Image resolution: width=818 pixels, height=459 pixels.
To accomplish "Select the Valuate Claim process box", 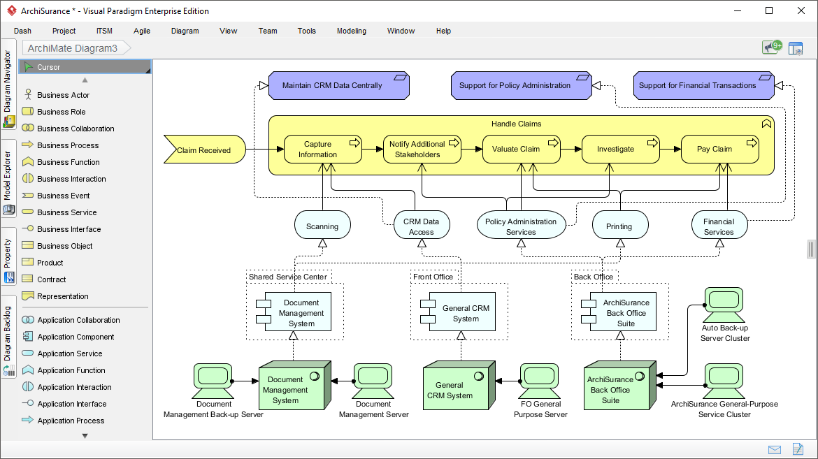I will pyautogui.click(x=521, y=149).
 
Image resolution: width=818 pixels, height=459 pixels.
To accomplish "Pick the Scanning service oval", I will pyautogui.click(x=322, y=226).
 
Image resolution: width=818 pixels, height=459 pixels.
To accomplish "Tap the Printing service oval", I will pyautogui.click(x=619, y=226).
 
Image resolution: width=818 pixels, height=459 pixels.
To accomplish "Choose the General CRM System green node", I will pyautogui.click(x=455, y=390).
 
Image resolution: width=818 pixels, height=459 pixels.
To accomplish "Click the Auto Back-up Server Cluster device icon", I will pyautogui.click(x=724, y=300).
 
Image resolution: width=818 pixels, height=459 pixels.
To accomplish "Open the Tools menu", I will pyautogui.click(x=306, y=31).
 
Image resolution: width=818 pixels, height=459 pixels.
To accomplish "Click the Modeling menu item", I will pyautogui.click(x=351, y=31).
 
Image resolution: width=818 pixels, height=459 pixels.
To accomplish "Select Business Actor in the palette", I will pyautogui.click(x=63, y=95).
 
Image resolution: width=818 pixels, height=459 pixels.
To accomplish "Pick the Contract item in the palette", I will pyautogui.click(x=51, y=279).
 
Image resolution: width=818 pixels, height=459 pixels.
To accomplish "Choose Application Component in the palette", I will pyautogui.click(x=76, y=337).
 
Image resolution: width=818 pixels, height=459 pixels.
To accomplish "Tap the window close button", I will pyautogui.click(x=801, y=10).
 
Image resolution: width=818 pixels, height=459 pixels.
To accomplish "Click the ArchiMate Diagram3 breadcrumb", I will pyautogui.click(x=73, y=48).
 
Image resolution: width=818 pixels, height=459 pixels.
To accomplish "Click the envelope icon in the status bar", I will pyautogui.click(x=775, y=449).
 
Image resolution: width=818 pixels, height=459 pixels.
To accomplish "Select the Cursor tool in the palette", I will pyautogui.click(x=49, y=67).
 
